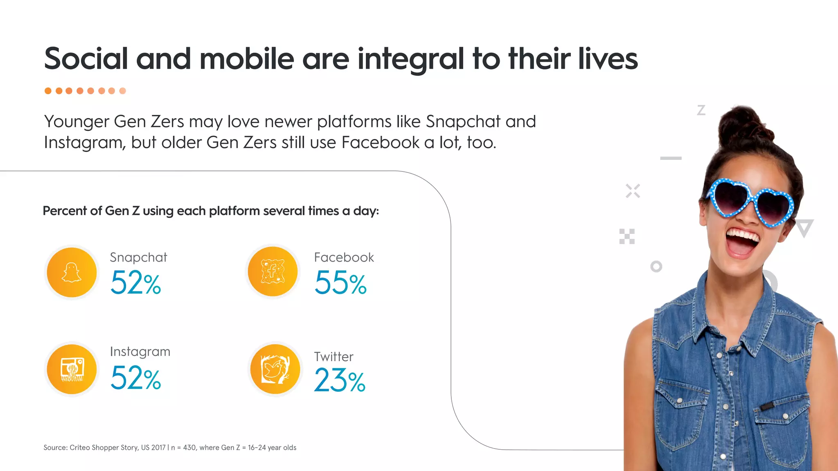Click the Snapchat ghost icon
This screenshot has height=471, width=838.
tap(72, 272)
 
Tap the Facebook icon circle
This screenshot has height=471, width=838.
tap(273, 272)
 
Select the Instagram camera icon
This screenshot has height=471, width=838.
tap(72, 369)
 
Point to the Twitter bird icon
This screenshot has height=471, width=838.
tap(275, 369)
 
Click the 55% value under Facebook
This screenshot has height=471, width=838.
tap(340, 283)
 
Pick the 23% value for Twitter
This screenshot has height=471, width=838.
tap(340, 380)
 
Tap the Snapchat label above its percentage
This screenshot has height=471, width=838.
tap(138, 258)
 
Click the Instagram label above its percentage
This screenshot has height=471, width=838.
tap(140, 352)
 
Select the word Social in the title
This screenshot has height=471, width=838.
tap(86, 58)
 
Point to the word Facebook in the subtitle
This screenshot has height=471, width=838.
tap(380, 143)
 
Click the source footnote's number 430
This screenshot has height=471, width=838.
tap(189, 448)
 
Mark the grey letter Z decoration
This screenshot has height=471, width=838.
tap(701, 110)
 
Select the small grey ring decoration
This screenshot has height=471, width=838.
tap(656, 267)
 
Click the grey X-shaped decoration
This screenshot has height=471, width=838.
tap(633, 191)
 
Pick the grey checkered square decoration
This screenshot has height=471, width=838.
tap(627, 236)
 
